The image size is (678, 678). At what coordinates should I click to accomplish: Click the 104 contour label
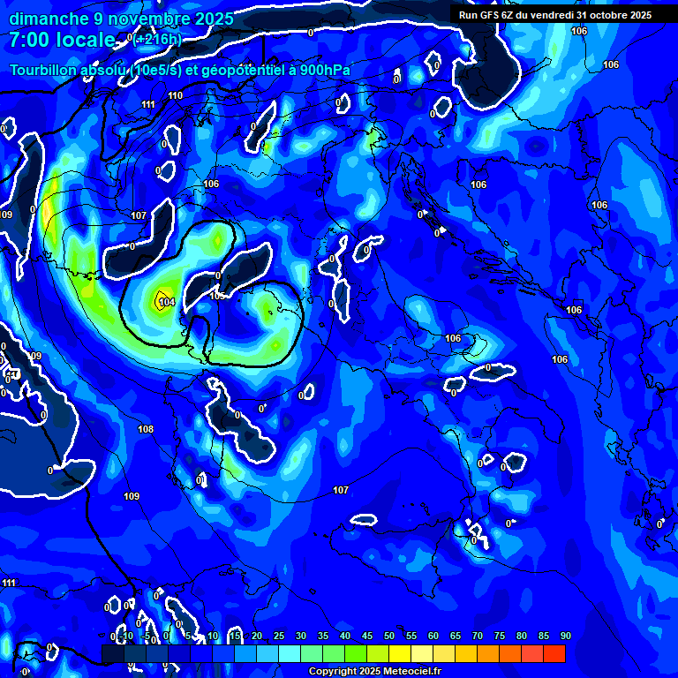167,303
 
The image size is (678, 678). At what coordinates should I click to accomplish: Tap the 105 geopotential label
217,296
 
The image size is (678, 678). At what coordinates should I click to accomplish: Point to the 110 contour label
175,95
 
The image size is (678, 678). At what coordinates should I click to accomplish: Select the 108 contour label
146,429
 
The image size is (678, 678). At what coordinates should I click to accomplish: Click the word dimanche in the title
48,19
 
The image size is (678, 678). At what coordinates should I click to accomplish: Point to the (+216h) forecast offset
159,39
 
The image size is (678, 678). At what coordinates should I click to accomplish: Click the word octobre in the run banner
601,14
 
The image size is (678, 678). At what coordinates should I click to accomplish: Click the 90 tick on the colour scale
565,636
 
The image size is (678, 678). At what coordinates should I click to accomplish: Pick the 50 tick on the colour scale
388,636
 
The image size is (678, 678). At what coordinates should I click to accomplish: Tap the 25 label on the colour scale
278,636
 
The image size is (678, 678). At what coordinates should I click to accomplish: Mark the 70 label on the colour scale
477,636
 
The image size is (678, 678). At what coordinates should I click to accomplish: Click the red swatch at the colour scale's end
554,653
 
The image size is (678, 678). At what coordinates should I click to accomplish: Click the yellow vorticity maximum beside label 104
161,296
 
